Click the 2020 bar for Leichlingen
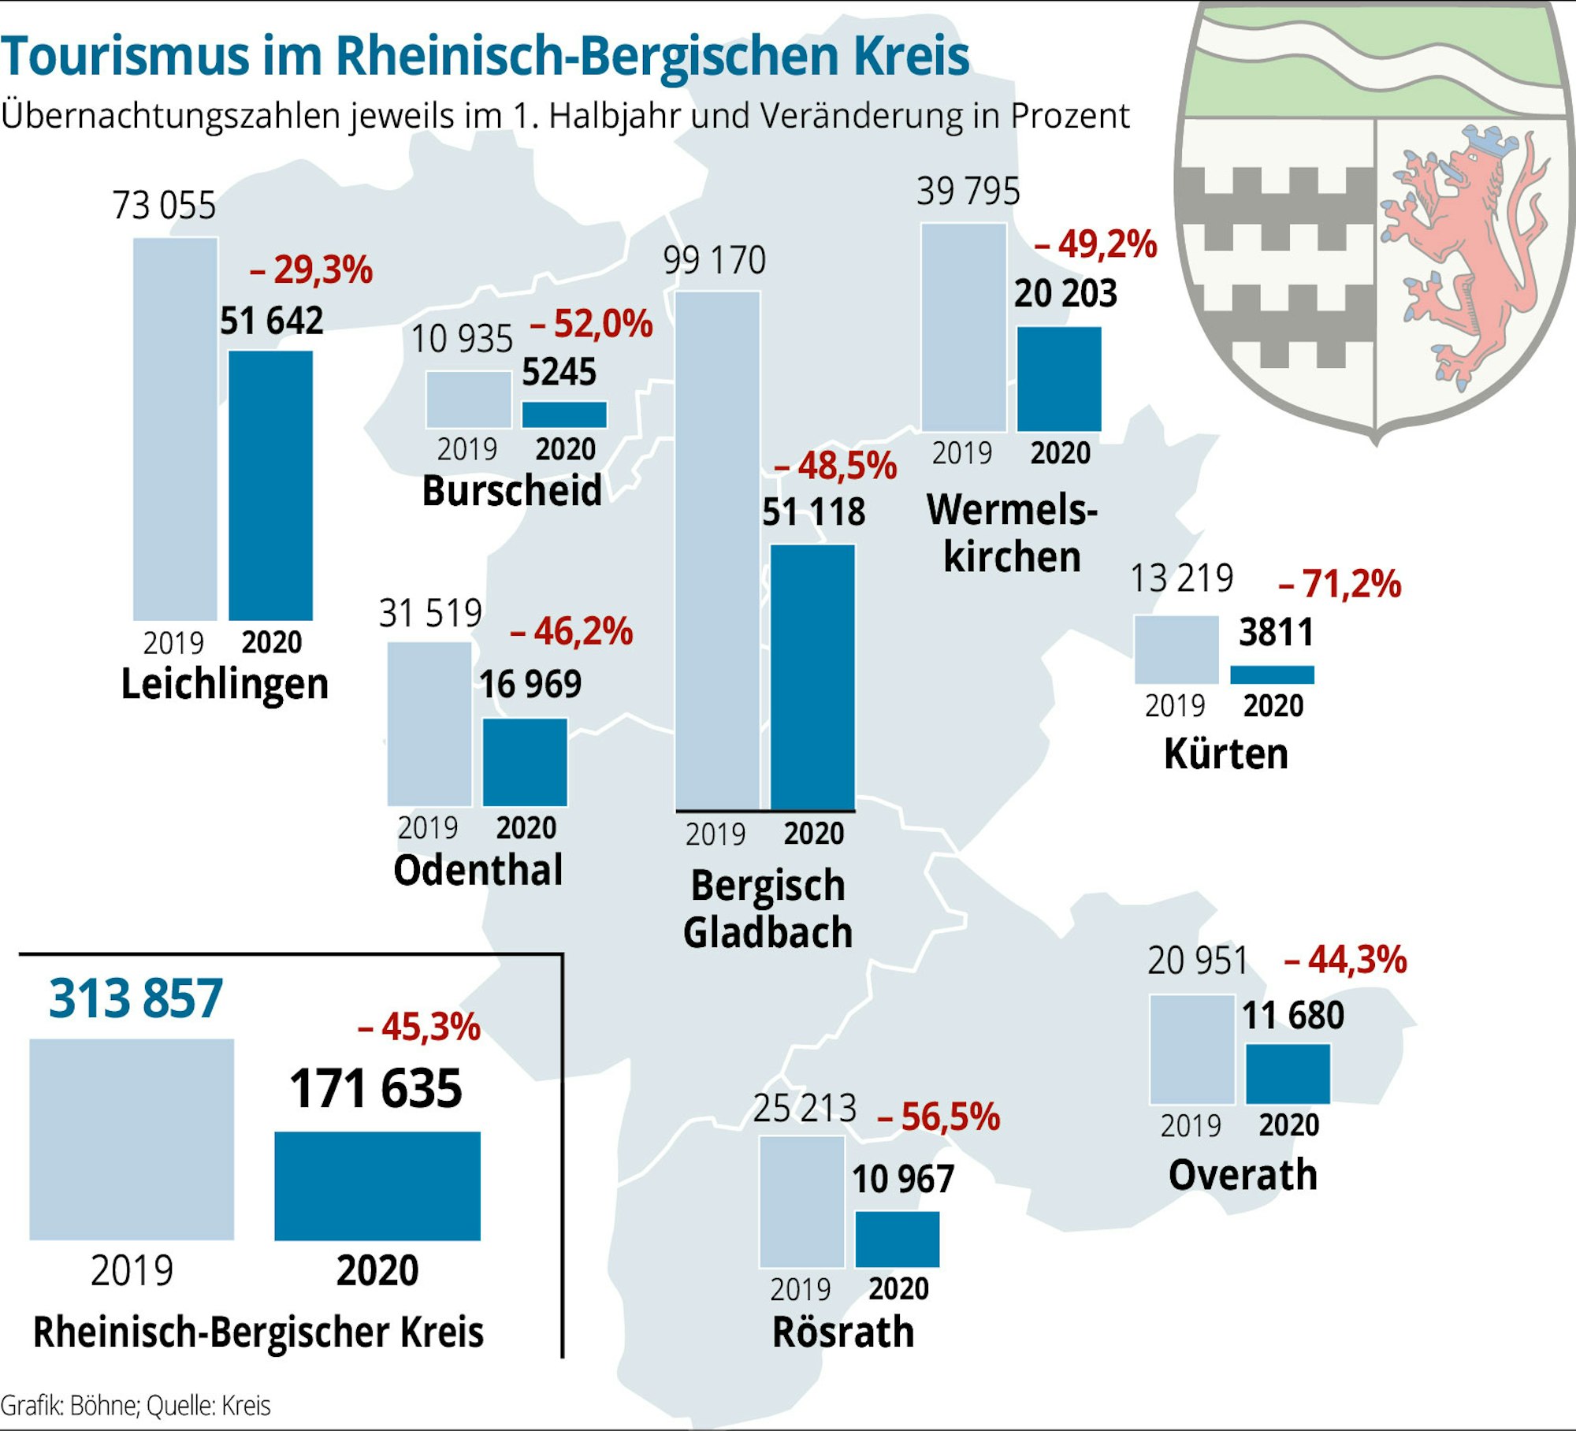pyautogui.click(x=270, y=485)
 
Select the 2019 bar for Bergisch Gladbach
pyautogui.click(x=717, y=550)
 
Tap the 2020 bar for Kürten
pyautogui.click(x=1272, y=675)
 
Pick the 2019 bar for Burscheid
pyautogui.click(x=468, y=400)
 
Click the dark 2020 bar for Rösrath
pyautogui.click(x=897, y=1239)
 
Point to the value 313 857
pyautogui.click(x=136, y=999)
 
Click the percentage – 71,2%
pyautogui.click(x=1340, y=584)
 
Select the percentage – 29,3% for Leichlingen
pyautogui.click(x=311, y=270)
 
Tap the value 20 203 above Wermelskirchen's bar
pyautogui.click(x=1065, y=294)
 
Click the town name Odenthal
pyautogui.click(x=478, y=870)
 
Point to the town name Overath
pyautogui.click(x=1243, y=1175)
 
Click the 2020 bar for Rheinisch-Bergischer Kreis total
pyautogui.click(x=377, y=1186)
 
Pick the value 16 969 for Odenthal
pyautogui.click(x=530, y=684)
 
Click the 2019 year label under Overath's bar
pyautogui.click(x=1190, y=1125)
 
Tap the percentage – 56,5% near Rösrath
pyautogui.click(x=939, y=1117)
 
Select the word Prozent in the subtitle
pyautogui.click(x=1070, y=116)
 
